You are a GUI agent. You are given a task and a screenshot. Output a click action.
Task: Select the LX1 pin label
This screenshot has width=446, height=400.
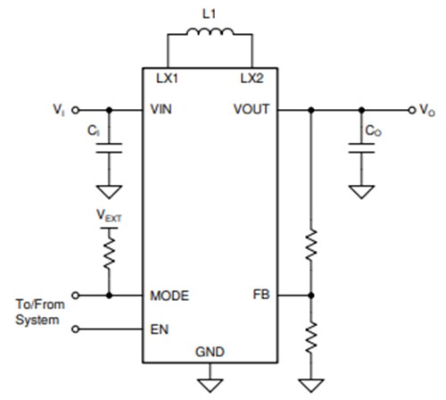pos(164,78)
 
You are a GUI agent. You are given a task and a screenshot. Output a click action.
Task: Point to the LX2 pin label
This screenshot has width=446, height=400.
pos(252,78)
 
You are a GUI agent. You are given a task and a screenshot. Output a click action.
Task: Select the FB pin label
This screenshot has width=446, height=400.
pos(260,295)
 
